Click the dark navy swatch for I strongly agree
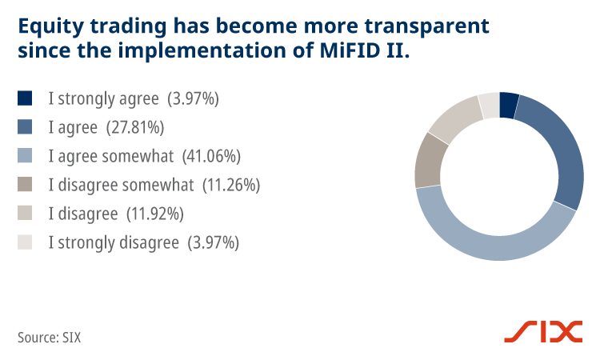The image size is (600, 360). tap(25, 98)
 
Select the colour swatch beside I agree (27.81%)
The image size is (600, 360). tap(25, 126)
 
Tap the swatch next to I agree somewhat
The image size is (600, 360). tap(25, 155)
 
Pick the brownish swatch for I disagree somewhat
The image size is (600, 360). tap(25, 185)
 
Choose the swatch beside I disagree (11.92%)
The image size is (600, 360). tap(25, 214)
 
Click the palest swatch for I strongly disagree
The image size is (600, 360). tap(25, 242)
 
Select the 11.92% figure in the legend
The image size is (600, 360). tap(157, 214)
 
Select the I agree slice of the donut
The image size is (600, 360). tap(557, 152)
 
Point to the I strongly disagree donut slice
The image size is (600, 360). tap(489, 105)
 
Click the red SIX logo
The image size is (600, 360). tap(542, 332)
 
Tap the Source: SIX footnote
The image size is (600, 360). tap(49, 337)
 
